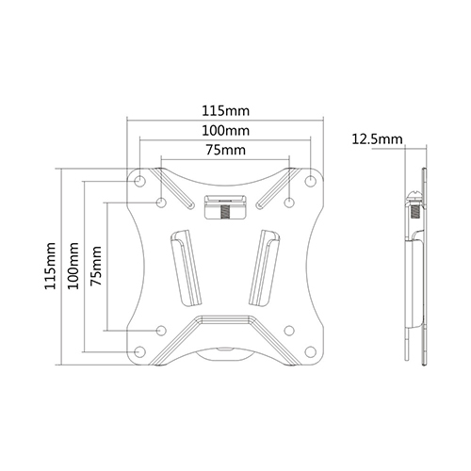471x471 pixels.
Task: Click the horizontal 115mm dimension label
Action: [x=225, y=109]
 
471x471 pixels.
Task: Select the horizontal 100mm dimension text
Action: [x=225, y=129]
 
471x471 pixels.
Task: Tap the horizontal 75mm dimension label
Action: [x=225, y=149]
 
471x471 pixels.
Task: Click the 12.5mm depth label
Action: [x=374, y=139]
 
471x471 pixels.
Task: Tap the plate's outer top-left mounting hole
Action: [x=139, y=180]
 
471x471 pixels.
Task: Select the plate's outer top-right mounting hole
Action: [x=312, y=180]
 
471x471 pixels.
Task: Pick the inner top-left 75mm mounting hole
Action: [x=161, y=203]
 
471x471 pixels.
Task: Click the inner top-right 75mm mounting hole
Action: [x=290, y=203]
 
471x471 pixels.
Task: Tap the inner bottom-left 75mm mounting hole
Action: [x=161, y=331]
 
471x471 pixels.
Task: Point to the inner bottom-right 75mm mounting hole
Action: [x=290, y=331]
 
